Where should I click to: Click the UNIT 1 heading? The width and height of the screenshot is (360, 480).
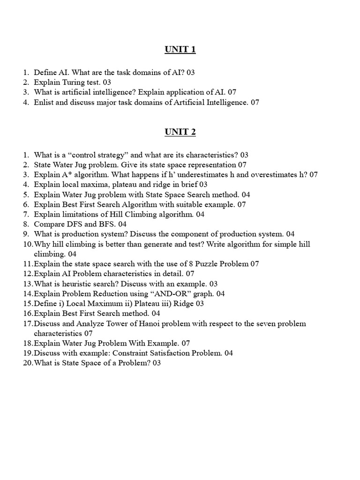pyautogui.click(x=180, y=50)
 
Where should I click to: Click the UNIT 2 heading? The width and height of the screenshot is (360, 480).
pyautogui.click(x=180, y=132)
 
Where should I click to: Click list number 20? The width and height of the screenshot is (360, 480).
pyautogui.click(x=27, y=363)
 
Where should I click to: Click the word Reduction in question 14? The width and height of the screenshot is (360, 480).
pyautogui.click(x=104, y=293)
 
